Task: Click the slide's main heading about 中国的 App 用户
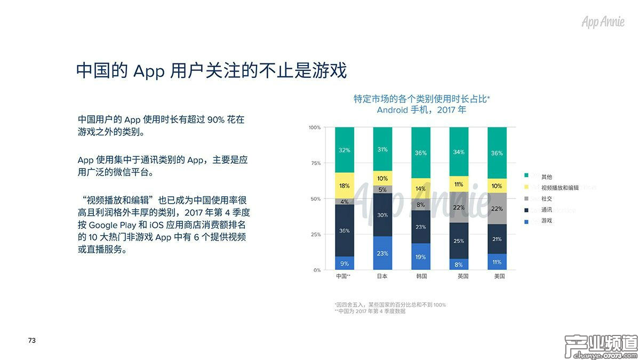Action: pos(211,70)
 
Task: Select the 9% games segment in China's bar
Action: pos(344,263)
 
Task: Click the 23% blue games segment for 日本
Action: pos(382,253)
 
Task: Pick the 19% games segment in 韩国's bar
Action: pos(421,257)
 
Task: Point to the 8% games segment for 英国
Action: pos(459,264)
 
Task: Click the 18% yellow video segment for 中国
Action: pos(344,186)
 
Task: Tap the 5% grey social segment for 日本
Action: pos(382,189)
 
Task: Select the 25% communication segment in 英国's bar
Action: pos(459,241)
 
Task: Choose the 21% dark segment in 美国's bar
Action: pos(497,239)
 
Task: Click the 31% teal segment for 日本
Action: pos(382,149)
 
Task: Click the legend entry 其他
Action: pos(546,177)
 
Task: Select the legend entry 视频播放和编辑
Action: pos(559,188)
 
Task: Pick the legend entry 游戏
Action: pos(546,220)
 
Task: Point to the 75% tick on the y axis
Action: pos(315,163)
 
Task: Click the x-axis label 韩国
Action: pos(421,277)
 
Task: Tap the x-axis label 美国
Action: pos(497,277)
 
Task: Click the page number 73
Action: pos(31,340)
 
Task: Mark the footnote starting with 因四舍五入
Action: pos(390,305)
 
